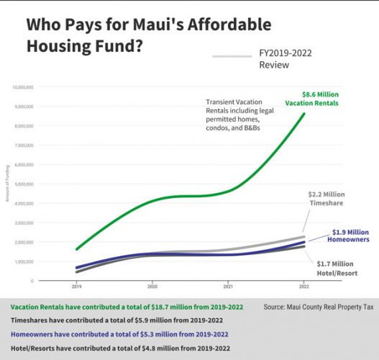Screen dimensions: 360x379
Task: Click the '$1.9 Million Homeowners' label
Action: click(342, 237)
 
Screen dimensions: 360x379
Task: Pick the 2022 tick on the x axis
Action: click(303, 286)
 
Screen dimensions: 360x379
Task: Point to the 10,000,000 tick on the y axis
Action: click(22, 87)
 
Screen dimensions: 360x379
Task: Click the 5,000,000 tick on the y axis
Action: click(24, 184)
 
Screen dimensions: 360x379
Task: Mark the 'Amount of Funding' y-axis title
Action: click(6, 184)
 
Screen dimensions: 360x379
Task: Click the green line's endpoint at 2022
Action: click(303, 114)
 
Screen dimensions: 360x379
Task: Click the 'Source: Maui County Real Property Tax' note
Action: click(318, 307)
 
